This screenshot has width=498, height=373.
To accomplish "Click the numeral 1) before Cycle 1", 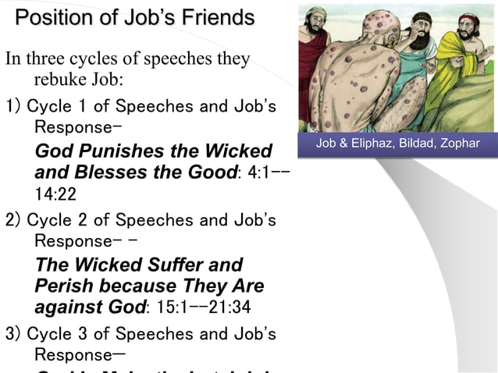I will click(13, 106).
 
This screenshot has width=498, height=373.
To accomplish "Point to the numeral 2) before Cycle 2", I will click(13, 220).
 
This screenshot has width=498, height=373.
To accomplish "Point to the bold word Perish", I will click(65, 286).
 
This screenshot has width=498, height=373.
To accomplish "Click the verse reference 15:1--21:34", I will click(207, 307).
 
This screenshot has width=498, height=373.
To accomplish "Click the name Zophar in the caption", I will click(459, 144).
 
